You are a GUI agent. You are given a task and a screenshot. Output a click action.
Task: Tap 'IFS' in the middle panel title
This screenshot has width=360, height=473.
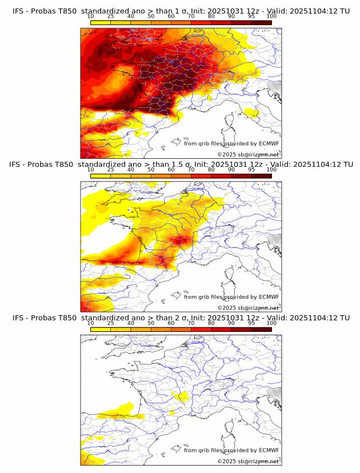19,165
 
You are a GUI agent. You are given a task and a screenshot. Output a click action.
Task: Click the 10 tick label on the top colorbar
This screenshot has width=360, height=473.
91,17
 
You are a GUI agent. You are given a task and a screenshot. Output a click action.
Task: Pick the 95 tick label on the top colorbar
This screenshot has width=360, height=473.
251,17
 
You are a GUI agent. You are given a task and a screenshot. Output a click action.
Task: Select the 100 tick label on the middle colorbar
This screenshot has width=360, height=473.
271,170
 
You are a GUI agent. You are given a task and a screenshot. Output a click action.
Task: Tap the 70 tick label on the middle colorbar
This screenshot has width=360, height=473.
191,170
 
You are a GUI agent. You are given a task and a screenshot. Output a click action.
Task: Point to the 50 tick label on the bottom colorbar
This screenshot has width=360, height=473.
151,323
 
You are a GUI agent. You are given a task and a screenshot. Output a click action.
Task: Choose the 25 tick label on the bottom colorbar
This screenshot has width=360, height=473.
111,323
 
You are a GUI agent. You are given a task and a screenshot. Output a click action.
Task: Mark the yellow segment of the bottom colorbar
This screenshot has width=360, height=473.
101,329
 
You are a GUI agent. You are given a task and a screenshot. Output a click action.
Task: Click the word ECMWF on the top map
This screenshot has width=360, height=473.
269,143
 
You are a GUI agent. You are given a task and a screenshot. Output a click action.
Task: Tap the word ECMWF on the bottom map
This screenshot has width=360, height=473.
269,450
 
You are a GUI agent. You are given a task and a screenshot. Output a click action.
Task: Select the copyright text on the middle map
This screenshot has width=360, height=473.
248,308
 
